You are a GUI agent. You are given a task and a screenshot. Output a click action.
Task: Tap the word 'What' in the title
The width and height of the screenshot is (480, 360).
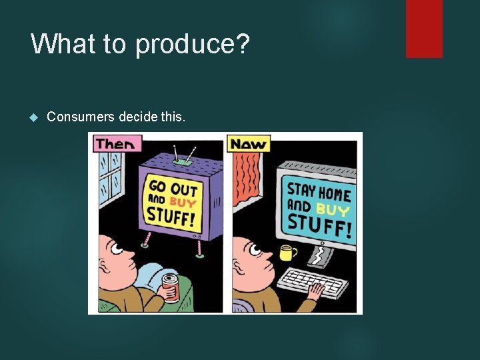point(63,44)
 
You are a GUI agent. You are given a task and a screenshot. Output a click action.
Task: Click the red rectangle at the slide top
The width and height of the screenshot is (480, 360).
point(424,28)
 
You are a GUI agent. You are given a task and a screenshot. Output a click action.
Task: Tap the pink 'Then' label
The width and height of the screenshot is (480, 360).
point(115,143)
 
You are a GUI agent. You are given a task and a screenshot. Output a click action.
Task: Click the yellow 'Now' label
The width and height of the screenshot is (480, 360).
point(248,143)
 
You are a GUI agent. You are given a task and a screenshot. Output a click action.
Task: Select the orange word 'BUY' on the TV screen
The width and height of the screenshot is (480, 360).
point(182,201)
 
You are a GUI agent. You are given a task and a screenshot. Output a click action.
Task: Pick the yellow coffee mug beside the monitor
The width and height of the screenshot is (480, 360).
point(287,253)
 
